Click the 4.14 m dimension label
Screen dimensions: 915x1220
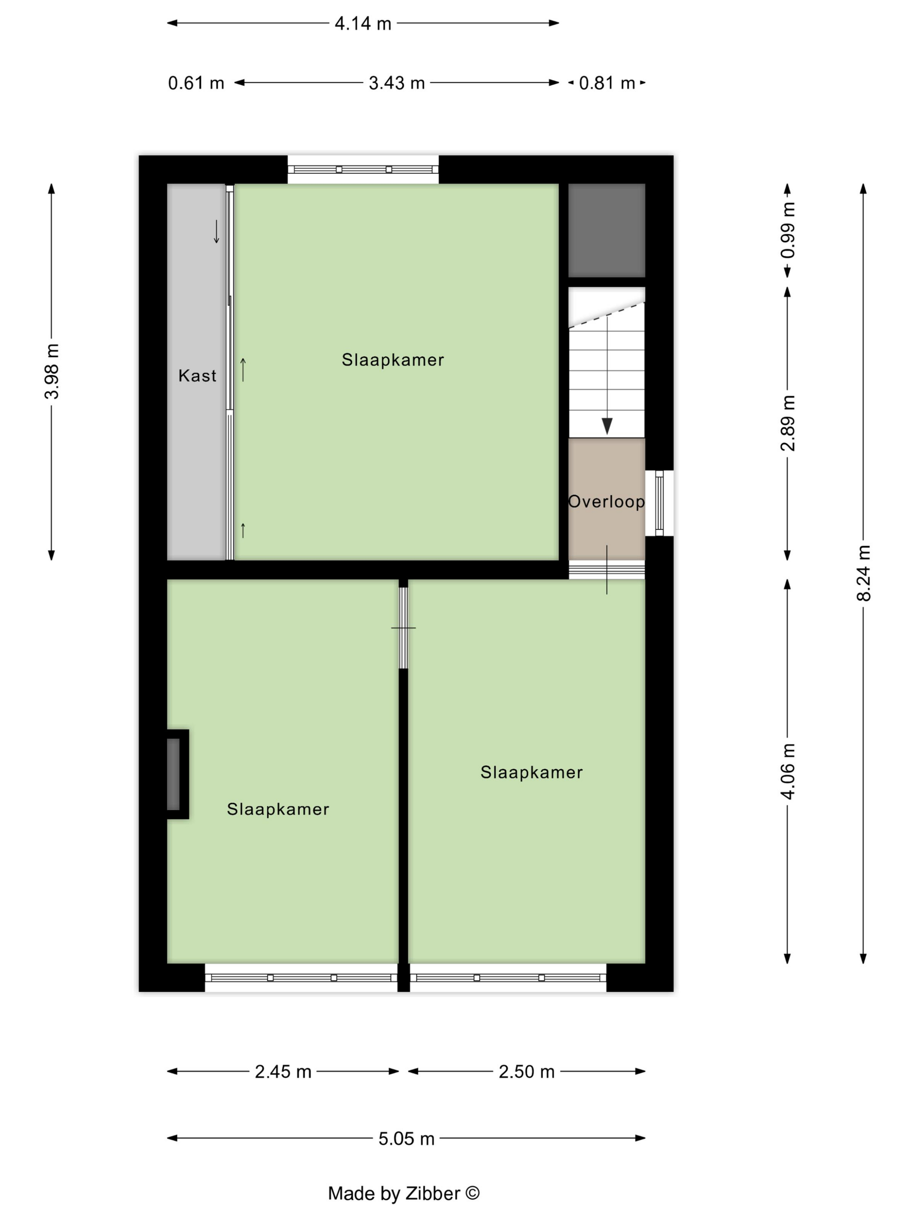pyautogui.click(x=363, y=24)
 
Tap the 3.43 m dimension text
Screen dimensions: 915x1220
pyautogui.click(x=396, y=83)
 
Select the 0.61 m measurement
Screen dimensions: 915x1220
pyautogui.click(x=196, y=83)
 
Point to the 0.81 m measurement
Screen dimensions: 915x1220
pyautogui.click(x=607, y=83)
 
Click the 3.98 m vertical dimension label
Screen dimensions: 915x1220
pyautogui.click(x=52, y=371)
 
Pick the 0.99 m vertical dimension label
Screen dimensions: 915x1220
pyautogui.click(x=788, y=230)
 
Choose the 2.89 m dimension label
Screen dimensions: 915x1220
pyautogui.click(x=788, y=423)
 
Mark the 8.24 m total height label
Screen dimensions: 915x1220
pyautogui.click(x=863, y=573)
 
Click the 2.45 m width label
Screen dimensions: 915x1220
pyautogui.click(x=283, y=1071)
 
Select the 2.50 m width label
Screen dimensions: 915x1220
pyautogui.click(x=526, y=1071)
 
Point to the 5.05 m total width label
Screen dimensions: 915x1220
pyautogui.click(x=406, y=1139)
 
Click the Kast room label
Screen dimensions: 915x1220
pyautogui.click(x=197, y=376)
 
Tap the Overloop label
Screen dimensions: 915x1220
pyautogui.click(x=606, y=502)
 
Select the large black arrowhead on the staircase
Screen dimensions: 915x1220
pyautogui.click(x=607, y=426)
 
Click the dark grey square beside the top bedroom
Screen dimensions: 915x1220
pyautogui.click(x=607, y=230)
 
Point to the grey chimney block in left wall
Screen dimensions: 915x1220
pyautogui.click(x=173, y=774)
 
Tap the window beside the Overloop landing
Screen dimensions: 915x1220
pyautogui.click(x=659, y=502)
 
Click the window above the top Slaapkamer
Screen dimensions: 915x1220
pyautogui.click(x=363, y=169)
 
